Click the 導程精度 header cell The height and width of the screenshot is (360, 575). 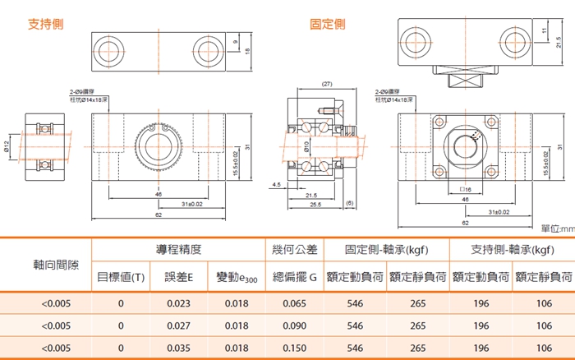pos(178,249)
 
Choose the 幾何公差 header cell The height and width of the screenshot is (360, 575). pos(293,249)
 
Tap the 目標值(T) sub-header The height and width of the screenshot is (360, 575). pos(121,277)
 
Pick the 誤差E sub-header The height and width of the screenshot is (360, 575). pos(178,277)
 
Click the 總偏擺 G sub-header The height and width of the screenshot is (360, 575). pos(293,277)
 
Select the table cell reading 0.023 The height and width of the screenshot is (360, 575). pos(178,303)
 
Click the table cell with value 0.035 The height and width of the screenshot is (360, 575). pos(178,348)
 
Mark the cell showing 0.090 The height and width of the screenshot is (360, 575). pos(293,325)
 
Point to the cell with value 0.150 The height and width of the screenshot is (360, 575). pos(293,348)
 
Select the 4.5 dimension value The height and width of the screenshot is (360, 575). pos(275,185)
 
